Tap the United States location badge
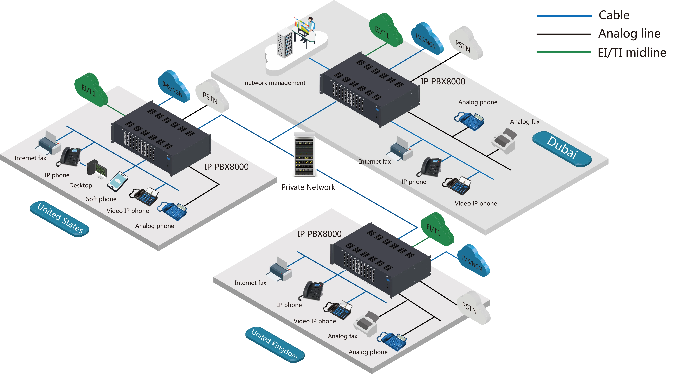(x=59, y=219)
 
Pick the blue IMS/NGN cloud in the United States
(x=173, y=87)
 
